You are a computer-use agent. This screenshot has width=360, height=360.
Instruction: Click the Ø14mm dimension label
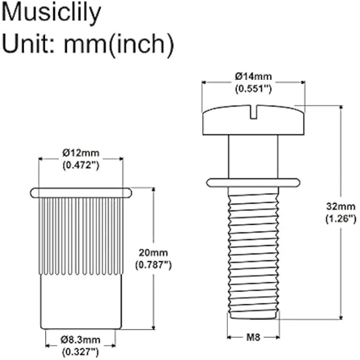click(254, 76)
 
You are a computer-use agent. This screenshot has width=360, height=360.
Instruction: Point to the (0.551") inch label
click(254, 88)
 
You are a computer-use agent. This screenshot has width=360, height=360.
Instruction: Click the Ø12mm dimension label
click(81, 153)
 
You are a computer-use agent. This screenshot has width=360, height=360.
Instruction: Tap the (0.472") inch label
click(81, 165)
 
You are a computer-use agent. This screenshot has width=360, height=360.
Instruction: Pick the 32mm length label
click(341, 206)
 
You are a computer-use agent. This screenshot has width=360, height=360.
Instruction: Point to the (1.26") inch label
click(341, 218)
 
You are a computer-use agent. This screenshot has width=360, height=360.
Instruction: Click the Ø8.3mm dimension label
click(81, 340)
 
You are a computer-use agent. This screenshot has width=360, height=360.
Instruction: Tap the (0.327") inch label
click(81, 351)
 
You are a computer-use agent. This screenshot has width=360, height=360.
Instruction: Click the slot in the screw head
click(253, 112)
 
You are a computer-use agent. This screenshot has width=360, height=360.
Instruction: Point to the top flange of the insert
click(81, 192)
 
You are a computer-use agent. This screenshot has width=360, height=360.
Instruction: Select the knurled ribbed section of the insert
click(81, 234)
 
